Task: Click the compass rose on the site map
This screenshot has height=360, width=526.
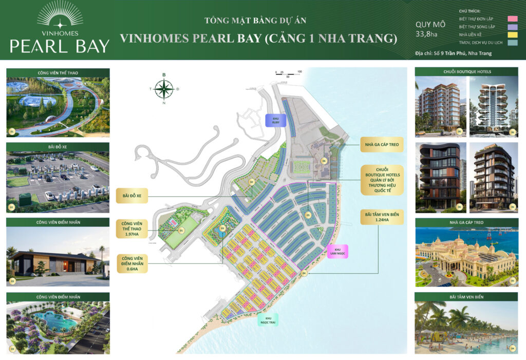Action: [164, 89]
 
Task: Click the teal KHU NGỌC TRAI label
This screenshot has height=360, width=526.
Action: [268, 320]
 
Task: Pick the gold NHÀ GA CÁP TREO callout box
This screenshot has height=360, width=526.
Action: [382, 145]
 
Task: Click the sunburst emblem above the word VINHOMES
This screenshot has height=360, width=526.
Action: [60, 14]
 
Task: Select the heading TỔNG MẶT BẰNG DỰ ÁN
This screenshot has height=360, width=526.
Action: [255, 21]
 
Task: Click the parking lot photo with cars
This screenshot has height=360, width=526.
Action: [58, 181]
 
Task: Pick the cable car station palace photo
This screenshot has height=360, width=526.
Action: [466, 256]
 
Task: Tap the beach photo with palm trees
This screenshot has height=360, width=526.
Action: [466, 327]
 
